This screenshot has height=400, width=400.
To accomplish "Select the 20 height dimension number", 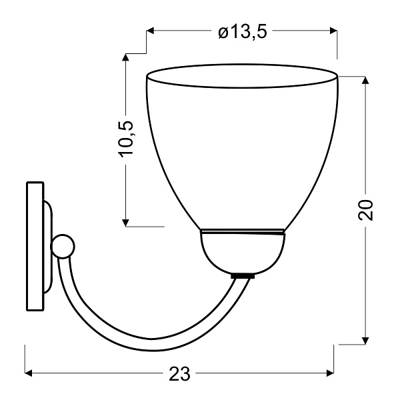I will point(365,209).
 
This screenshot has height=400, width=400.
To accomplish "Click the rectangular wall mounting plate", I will point(34,245).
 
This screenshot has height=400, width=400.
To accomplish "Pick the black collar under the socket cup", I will point(242,275).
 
